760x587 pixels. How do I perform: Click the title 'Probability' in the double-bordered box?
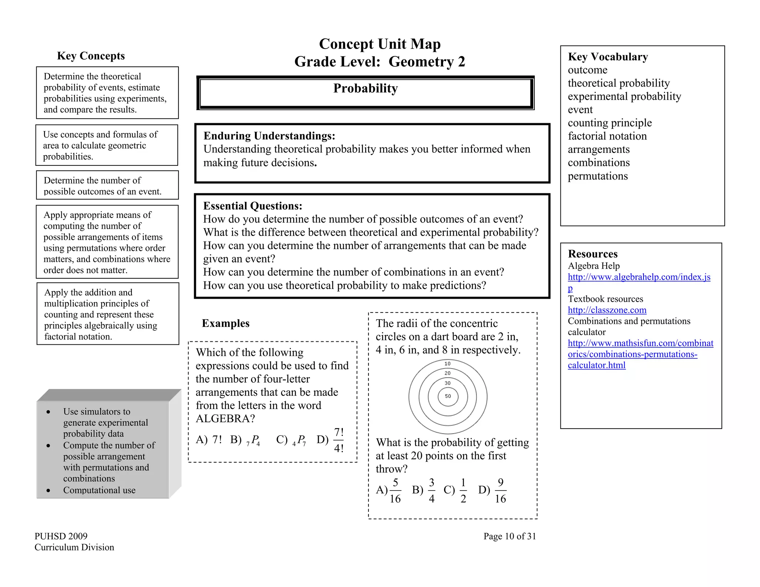tap(365, 88)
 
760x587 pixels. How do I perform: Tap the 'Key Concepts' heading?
tap(91, 56)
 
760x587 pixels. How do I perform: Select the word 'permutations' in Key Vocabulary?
tap(597, 176)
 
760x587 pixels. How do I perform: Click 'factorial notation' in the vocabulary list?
tap(607, 136)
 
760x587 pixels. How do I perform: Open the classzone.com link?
tap(607, 310)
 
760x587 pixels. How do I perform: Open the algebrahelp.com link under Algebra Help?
tap(639, 277)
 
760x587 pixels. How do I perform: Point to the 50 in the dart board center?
tap(448, 396)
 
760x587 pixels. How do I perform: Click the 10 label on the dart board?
tap(448, 364)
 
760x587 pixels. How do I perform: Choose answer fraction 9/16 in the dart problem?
tap(500, 491)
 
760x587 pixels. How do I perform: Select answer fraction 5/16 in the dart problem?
tap(395, 491)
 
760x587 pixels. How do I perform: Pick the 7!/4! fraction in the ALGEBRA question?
tap(339, 440)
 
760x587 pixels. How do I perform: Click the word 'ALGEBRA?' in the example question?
tap(225, 419)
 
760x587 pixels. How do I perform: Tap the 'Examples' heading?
tap(226, 324)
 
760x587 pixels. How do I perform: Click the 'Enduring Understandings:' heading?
tap(269, 136)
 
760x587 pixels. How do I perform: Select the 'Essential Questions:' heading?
tap(252, 206)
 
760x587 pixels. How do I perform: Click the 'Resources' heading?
tap(593, 254)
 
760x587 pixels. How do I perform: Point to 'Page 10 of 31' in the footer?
tap(510, 536)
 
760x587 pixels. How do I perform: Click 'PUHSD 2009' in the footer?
tap(61, 536)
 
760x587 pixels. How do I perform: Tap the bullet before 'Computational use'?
tap(49, 491)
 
